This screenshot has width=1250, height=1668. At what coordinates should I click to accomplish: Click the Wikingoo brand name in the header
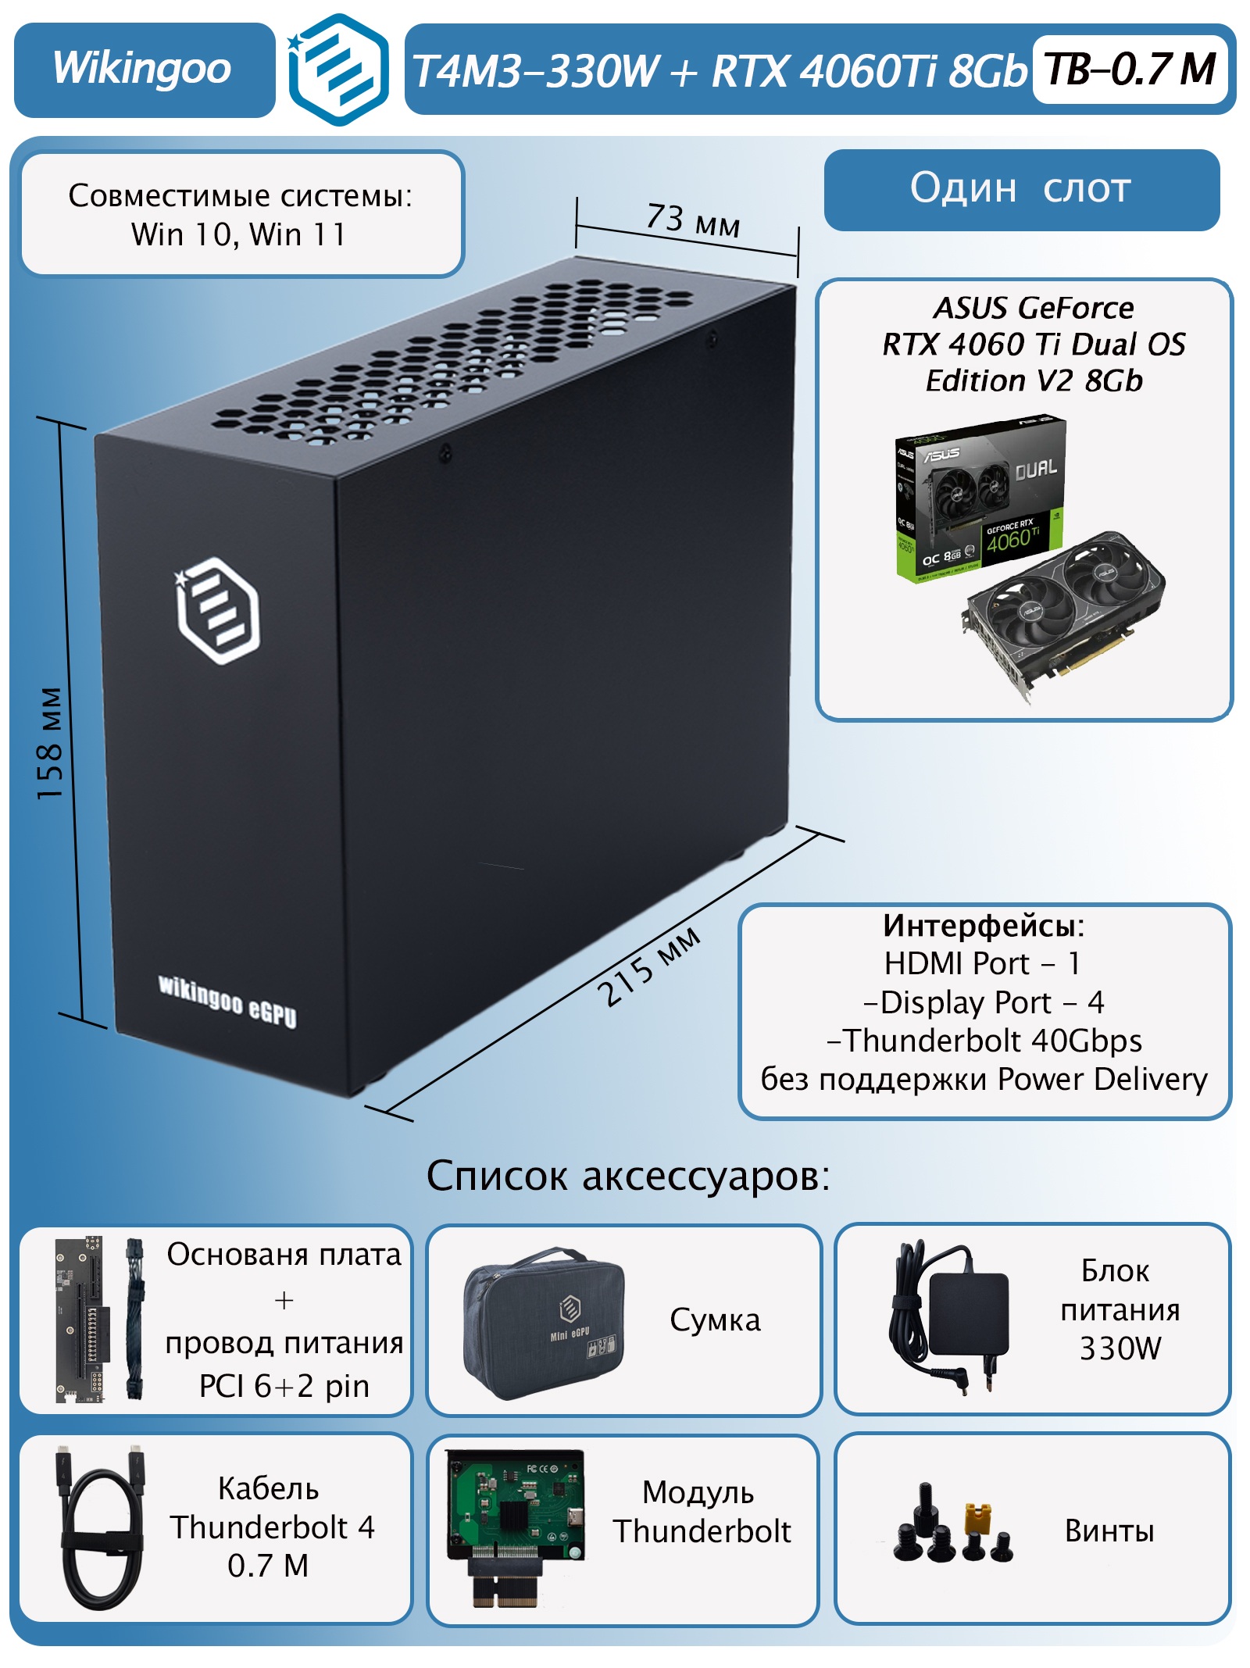click(x=142, y=69)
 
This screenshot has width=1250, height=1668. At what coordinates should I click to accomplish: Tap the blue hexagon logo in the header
click(x=339, y=70)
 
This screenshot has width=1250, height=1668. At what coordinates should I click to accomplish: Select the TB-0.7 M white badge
click(x=1130, y=70)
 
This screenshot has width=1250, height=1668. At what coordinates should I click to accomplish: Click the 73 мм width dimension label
click(x=692, y=220)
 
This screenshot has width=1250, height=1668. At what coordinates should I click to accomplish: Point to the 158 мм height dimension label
click(x=50, y=743)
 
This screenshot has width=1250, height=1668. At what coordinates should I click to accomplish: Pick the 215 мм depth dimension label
click(x=649, y=966)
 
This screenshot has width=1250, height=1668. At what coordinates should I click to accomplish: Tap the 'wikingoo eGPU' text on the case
click(x=227, y=1002)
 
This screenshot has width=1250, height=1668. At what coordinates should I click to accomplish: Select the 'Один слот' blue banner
click(x=1021, y=189)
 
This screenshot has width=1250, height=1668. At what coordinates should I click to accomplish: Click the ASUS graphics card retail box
click(x=980, y=500)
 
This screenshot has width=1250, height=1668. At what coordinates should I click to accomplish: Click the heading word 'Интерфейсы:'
click(x=984, y=927)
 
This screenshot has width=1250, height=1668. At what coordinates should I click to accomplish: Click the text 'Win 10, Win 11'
click(x=239, y=234)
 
